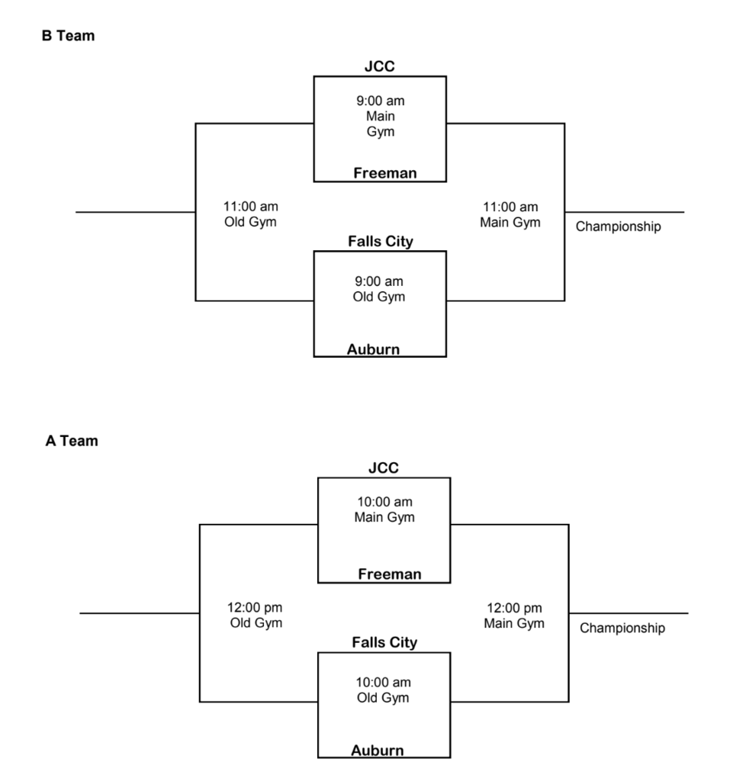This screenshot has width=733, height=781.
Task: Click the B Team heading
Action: [x=68, y=35]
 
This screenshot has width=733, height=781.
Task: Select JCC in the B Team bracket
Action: [x=380, y=66]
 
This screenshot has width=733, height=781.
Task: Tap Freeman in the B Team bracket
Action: [x=384, y=173]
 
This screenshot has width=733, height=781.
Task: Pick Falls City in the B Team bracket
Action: [x=380, y=242]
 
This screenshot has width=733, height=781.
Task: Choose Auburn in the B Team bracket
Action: [x=373, y=349]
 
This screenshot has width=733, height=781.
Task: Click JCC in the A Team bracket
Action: [x=384, y=468]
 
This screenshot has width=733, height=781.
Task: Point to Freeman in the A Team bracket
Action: [x=389, y=574]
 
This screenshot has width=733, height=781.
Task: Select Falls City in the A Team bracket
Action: [x=384, y=643]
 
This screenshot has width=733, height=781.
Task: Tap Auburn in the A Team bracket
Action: [x=378, y=750]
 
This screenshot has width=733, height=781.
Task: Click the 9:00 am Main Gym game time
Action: [x=381, y=117]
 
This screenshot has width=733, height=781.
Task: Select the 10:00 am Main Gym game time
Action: [x=384, y=509]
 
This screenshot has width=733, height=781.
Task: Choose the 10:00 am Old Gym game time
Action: [x=383, y=690]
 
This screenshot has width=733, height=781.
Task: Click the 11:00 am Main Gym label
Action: [x=510, y=214]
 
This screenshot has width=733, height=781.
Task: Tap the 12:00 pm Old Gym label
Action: [x=256, y=615]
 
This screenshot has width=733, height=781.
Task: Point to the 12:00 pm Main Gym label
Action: [x=514, y=615]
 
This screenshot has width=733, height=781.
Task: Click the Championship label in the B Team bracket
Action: [x=618, y=227]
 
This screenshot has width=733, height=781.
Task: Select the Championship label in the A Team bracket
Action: [x=622, y=628]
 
